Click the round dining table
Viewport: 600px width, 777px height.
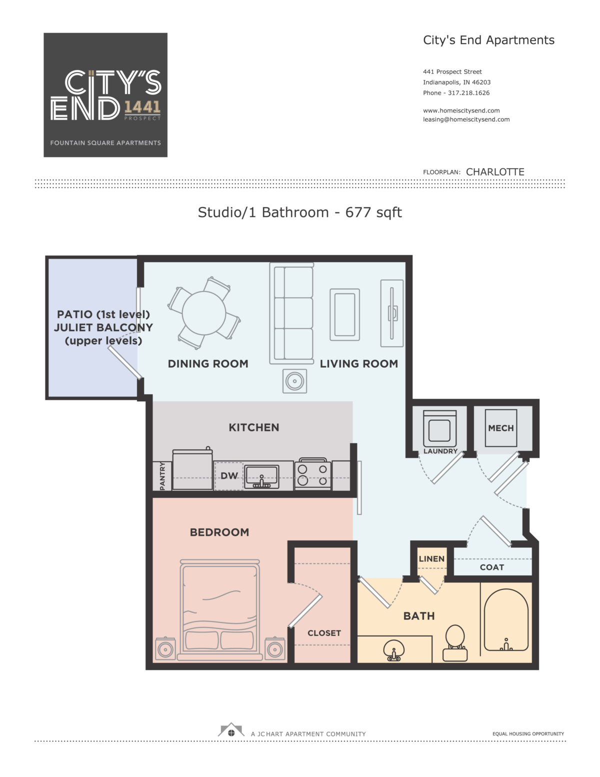(x=203, y=313)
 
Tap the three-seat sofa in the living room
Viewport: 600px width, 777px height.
(x=291, y=314)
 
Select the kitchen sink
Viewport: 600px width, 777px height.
(x=261, y=477)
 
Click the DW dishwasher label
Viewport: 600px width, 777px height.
(x=229, y=476)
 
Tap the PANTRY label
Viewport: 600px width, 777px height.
(x=162, y=476)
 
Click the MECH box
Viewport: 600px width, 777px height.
(x=500, y=428)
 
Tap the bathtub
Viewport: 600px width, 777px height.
(x=506, y=620)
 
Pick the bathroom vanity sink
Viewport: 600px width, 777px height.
(x=394, y=650)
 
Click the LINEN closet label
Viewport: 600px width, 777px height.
(x=431, y=558)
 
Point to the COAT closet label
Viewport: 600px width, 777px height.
(x=491, y=567)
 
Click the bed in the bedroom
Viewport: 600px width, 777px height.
(x=220, y=610)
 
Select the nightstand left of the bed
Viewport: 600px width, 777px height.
(x=165, y=648)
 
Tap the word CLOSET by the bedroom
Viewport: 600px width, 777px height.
(x=324, y=633)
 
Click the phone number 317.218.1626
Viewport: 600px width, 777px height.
(x=468, y=93)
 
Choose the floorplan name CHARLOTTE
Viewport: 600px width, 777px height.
(x=495, y=172)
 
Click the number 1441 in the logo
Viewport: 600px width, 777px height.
(x=142, y=107)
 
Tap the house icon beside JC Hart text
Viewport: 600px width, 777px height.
(x=231, y=730)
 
